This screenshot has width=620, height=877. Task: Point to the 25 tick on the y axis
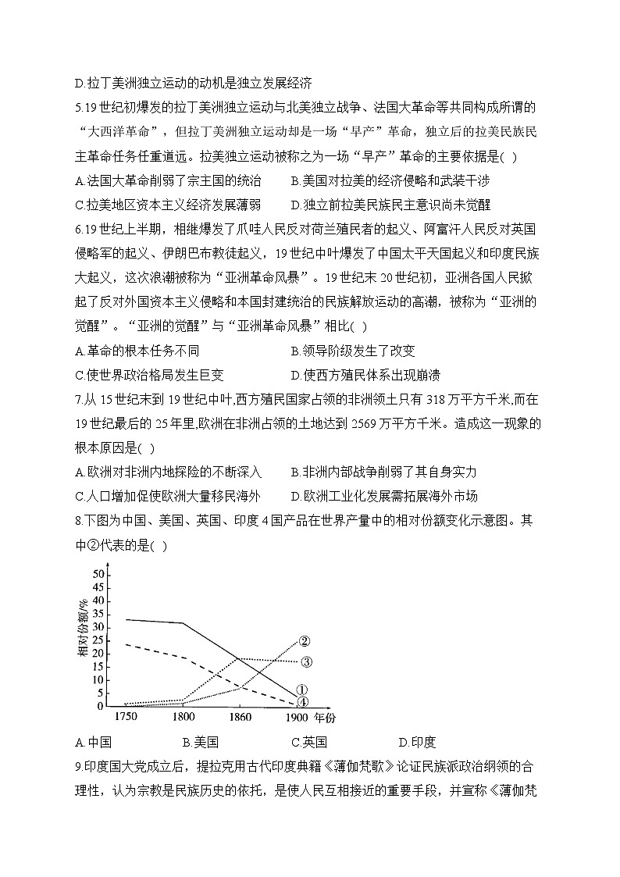tap(98, 640)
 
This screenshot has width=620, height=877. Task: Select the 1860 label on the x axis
tap(240, 716)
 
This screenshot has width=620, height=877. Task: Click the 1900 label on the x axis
tap(298, 716)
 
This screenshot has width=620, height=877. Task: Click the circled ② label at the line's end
tap(305, 642)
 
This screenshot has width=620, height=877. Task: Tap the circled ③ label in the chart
tap(306, 662)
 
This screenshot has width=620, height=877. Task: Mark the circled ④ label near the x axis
tap(303, 702)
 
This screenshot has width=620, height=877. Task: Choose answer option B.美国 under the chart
tap(200, 742)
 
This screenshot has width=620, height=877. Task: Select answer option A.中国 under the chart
tap(94, 742)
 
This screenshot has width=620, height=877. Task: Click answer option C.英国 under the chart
tap(308, 742)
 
